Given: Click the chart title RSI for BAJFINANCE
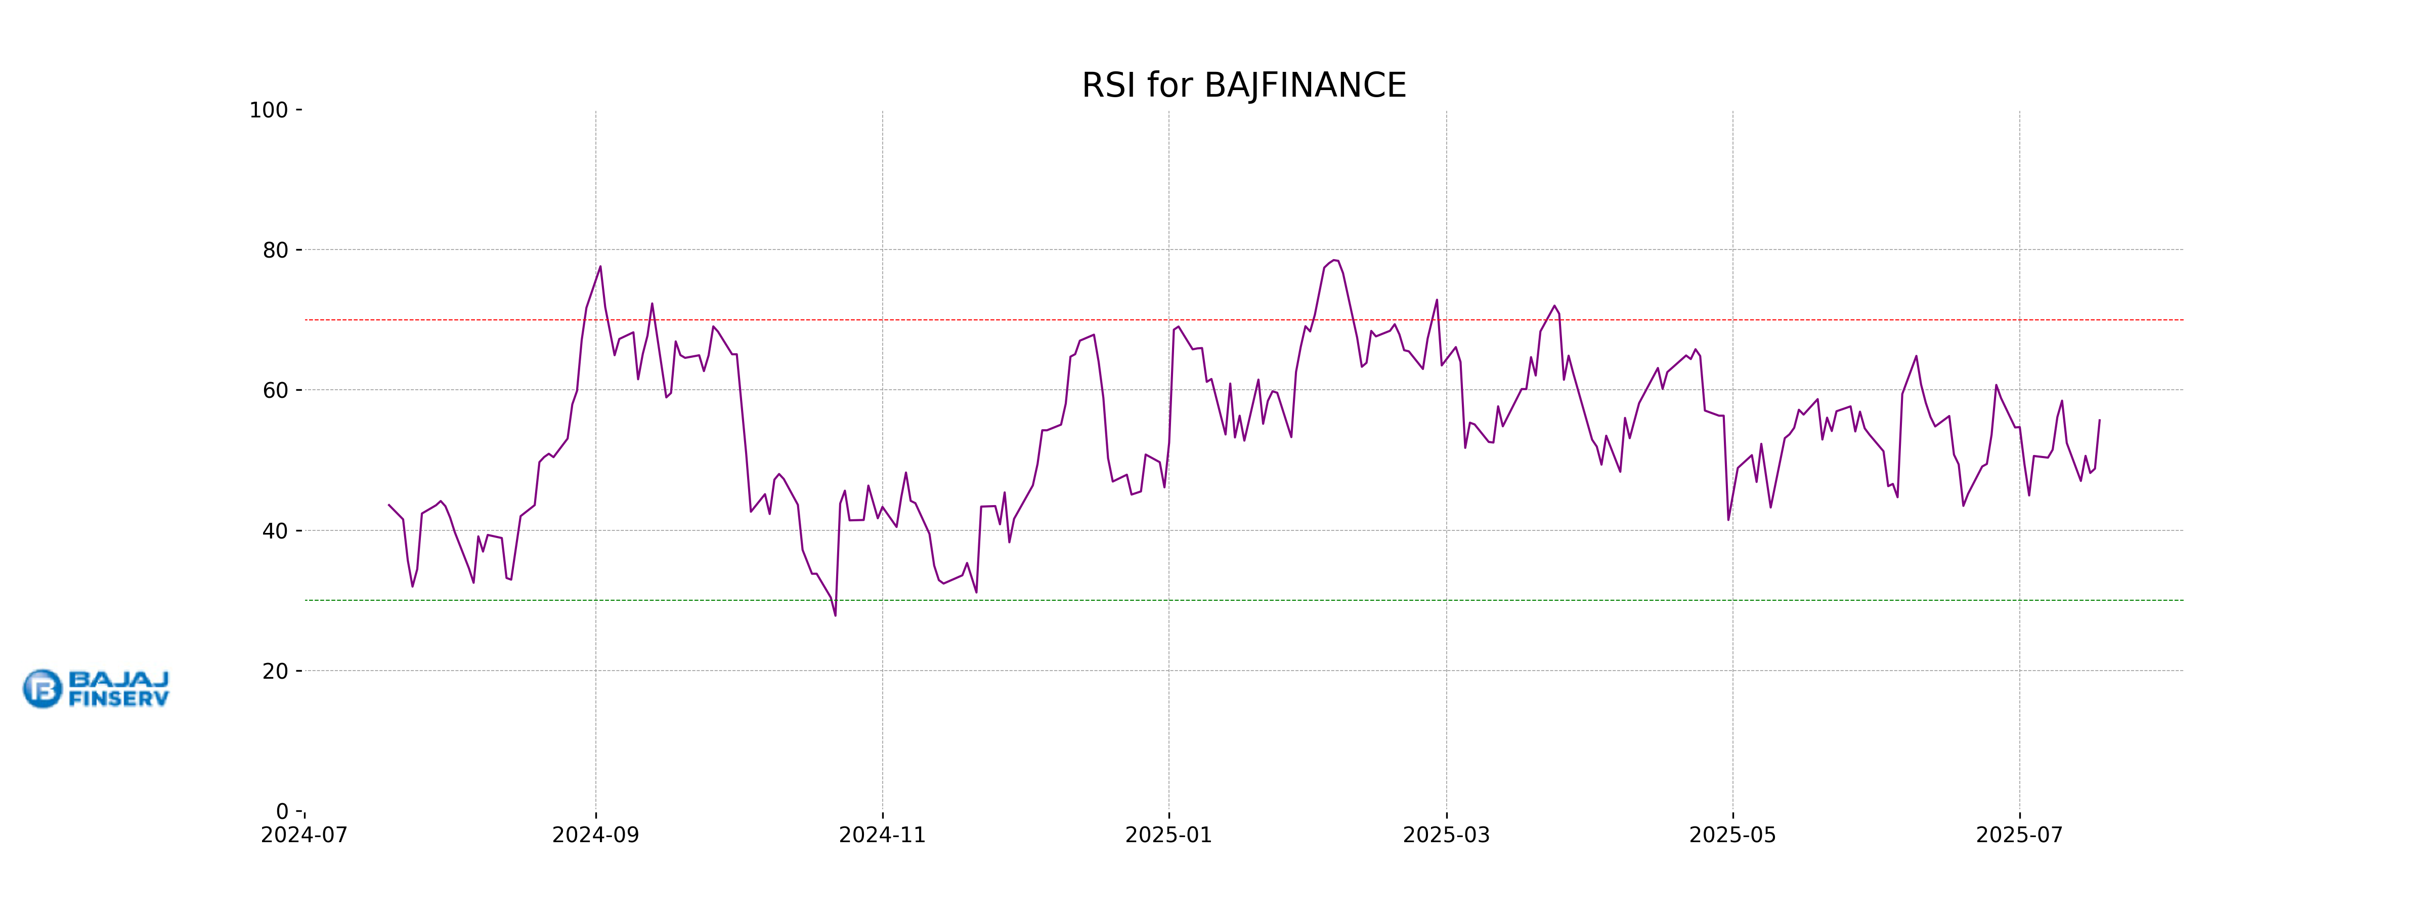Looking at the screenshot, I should [x=1243, y=86].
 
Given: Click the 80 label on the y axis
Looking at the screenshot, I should [x=275, y=251].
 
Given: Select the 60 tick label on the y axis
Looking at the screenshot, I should [x=275, y=390].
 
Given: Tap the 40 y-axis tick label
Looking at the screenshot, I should [x=275, y=531].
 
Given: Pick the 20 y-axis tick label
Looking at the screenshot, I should [x=275, y=672].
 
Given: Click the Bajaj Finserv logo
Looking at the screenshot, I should [x=96, y=688].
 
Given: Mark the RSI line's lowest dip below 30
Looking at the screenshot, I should [x=835, y=615].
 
